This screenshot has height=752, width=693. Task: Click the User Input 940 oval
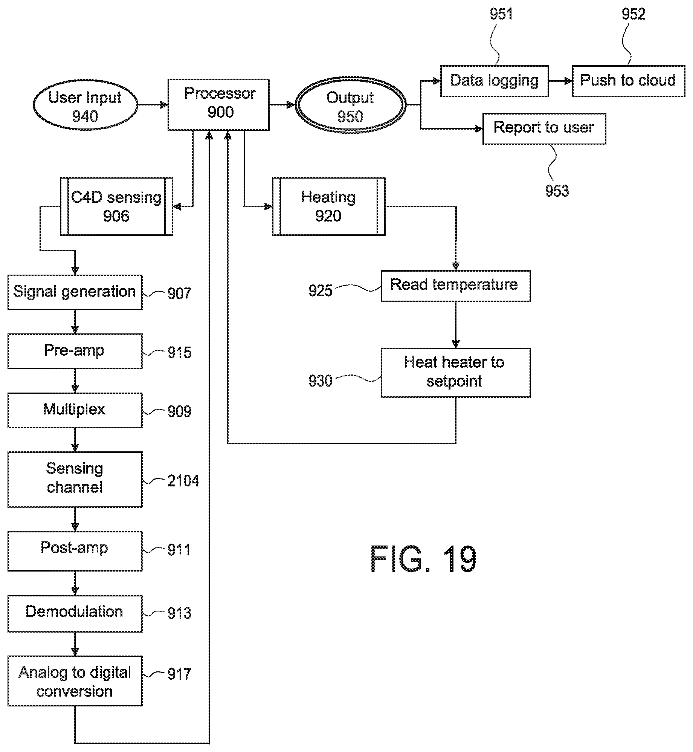pyautogui.click(x=85, y=107)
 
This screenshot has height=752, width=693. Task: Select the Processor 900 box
pyautogui.click(x=218, y=104)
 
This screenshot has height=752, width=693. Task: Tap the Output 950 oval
pyautogui.click(x=350, y=107)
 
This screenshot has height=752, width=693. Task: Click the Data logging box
pyautogui.click(x=495, y=81)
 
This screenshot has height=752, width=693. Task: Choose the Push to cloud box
pyautogui.click(x=628, y=81)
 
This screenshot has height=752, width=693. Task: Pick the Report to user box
pyautogui.click(x=544, y=128)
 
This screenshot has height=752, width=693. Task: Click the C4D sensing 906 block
pyautogui.click(x=116, y=206)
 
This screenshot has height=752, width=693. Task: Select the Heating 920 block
pyautogui.click(x=328, y=206)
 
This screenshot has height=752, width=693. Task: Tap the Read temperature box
pyautogui.click(x=455, y=286)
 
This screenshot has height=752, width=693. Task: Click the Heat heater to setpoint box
pyautogui.click(x=455, y=372)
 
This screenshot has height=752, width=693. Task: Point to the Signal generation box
pyautogui.click(x=75, y=292)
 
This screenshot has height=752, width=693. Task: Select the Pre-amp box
pyautogui.click(x=75, y=351)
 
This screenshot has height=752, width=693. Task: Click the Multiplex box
pyautogui.click(x=75, y=410)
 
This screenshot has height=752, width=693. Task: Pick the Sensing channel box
pyautogui.click(x=75, y=479)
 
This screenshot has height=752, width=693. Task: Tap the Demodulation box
pyautogui.click(x=75, y=613)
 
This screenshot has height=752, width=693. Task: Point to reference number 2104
pyautogui.click(x=183, y=481)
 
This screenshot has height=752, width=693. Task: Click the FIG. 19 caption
pyautogui.click(x=423, y=560)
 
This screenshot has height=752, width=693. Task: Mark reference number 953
pyautogui.click(x=557, y=191)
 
